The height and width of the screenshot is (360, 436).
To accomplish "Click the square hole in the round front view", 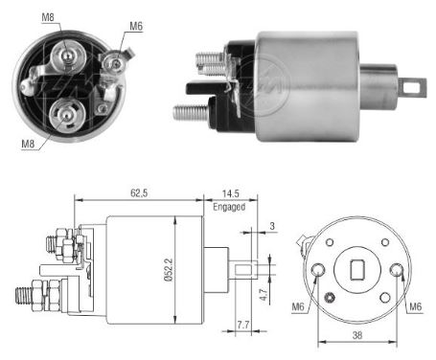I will [x=358, y=268].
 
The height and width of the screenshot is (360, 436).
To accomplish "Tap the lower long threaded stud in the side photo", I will [x=192, y=111].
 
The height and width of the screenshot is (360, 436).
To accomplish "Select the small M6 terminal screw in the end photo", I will [x=115, y=63].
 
